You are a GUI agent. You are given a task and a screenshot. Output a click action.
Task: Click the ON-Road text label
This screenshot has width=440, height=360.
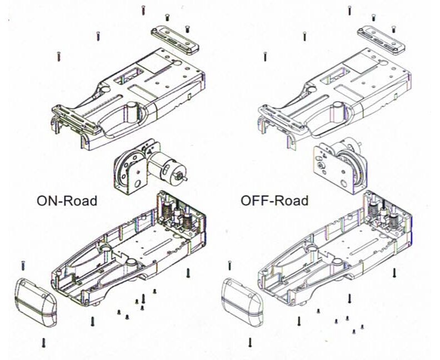coord(67,201)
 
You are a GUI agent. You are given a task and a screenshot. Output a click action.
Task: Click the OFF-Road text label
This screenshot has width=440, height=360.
coord(274,201)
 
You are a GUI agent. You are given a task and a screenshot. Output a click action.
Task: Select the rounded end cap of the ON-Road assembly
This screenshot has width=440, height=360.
coord(36,302)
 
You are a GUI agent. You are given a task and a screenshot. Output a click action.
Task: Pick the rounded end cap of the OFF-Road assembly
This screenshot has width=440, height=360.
coord(242,302)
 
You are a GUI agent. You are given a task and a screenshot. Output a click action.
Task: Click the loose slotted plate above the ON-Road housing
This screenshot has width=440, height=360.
coord(175,39)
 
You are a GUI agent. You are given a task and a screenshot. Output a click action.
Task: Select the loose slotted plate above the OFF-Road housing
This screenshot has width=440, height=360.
coord(381,39)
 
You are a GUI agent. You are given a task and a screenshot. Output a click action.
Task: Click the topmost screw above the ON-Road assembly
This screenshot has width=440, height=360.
coord(143,10)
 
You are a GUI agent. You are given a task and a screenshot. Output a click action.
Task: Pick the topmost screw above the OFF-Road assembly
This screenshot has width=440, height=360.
coord(349,10)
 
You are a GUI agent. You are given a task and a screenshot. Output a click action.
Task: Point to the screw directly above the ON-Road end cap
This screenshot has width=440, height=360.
coord(23,266)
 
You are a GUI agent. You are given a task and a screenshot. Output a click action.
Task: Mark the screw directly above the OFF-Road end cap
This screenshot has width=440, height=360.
coord(229,266)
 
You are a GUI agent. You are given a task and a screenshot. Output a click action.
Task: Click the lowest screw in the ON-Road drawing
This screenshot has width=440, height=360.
coord(43,343)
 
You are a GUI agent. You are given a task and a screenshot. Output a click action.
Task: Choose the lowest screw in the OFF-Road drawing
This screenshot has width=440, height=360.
coord(250,343)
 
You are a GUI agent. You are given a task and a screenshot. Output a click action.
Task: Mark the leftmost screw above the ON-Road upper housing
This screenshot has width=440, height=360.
coord(59,56)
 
